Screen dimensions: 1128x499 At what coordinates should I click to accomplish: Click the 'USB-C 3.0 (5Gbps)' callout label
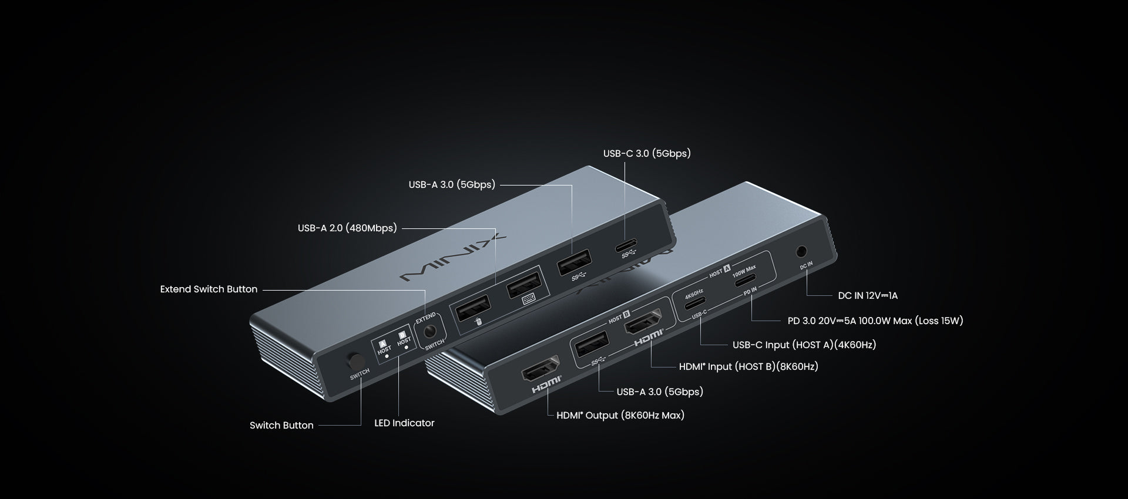pyautogui.click(x=647, y=154)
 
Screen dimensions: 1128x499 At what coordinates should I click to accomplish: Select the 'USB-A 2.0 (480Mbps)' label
pyautogui.click(x=347, y=228)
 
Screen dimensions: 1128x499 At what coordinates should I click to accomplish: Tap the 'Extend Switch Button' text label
pyautogui.click(x=209, y=289)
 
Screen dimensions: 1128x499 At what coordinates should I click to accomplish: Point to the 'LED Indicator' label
pyautogui.click(x=404, y=423)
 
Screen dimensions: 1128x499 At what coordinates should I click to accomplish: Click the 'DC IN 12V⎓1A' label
pyautogui.click(x=868, y=296)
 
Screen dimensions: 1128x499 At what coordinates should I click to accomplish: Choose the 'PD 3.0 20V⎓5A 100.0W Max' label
pyautogui.click(x=875, y=321)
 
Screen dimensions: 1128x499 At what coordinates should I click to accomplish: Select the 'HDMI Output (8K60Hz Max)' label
pyautogui.click(x=620, y=416)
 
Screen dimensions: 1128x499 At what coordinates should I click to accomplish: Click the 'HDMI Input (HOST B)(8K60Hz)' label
pyautogui.click(x=748, y=367)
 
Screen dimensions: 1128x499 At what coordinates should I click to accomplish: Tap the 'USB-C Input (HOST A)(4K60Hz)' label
pyautogui.click(x=804, y=345)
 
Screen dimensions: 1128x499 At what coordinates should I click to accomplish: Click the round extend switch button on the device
pyautogui.click(x=434, y=330)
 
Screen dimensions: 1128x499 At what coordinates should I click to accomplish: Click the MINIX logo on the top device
pyautogui.click(x=452, y=258)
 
